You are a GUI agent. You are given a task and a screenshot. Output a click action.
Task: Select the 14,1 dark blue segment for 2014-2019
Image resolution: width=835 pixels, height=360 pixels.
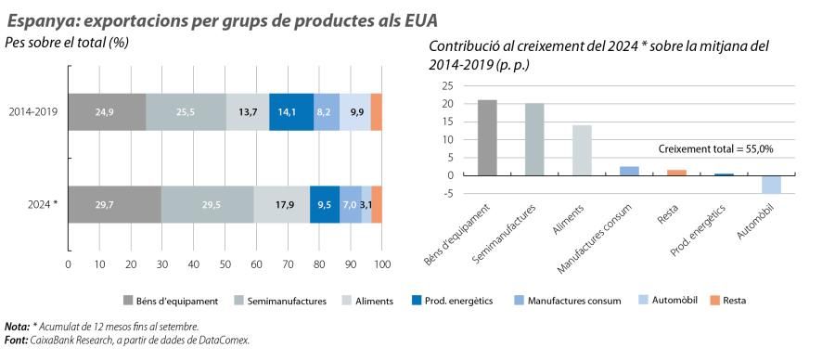tap(290, 111)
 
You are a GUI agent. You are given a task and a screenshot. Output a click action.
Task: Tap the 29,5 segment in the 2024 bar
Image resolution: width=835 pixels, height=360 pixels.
tap(207, 204)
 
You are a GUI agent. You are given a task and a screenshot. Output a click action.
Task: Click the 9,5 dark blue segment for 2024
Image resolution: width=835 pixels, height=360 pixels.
tap(324, 204)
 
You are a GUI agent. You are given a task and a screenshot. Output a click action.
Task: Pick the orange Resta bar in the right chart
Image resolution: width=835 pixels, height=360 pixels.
tap(676, 173)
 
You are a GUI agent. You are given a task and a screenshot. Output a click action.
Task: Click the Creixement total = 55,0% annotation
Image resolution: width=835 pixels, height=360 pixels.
tap(715, 148)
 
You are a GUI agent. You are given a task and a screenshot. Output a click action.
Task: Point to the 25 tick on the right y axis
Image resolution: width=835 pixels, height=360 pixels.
tap(446, 85)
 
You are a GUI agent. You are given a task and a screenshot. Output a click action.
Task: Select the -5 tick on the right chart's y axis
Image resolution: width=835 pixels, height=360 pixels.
tap(447, 193)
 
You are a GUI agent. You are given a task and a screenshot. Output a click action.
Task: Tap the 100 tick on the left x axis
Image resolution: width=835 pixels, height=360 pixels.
tap(381, 264)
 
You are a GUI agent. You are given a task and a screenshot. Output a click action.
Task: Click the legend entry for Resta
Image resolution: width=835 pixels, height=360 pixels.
tap(732, 301)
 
